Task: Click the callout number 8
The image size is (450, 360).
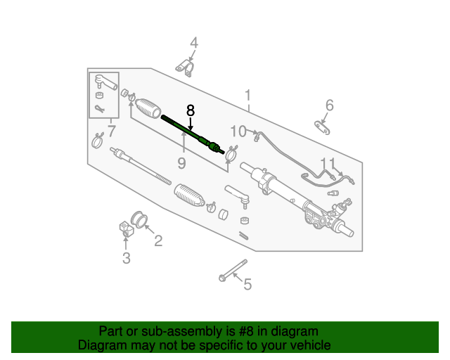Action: (190, 111)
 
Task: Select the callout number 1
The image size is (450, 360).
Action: (247, 95)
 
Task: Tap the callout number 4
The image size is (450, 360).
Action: (193, 43)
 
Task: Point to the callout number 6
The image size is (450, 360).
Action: (328, 105)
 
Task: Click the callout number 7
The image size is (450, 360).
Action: (110, 131)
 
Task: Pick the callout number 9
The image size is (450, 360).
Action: (181, 163)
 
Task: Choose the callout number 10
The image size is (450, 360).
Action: (238, 131)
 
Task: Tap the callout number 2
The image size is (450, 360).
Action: (158, 242)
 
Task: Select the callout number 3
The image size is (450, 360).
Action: (126, 258)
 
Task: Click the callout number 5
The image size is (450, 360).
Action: (247, 285)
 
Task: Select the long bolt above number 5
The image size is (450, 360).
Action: (233, 271)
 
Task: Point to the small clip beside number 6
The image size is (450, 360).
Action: (323, 127)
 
